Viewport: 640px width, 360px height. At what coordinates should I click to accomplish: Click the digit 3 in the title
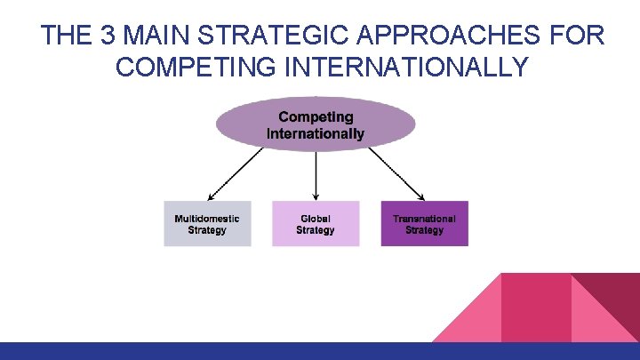click(x=108, y=36)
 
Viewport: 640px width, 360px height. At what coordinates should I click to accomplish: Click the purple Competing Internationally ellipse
click(x=316, y=124)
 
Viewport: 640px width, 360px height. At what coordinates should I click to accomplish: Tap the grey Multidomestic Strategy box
click(x=207, y=224)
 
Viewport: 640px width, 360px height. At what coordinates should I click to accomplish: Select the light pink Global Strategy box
click(x=316, y=224)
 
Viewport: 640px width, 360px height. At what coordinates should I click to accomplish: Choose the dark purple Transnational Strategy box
click(x=424, y=224)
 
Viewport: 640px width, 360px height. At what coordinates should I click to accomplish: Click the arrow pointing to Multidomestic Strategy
click(x=236, y=174)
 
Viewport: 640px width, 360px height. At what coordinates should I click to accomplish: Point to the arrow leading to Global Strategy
click(x=316, y=175)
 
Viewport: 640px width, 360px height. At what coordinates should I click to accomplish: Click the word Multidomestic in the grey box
click(x=207, y=219)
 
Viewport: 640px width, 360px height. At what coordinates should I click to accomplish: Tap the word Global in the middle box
click(x=316, y=219)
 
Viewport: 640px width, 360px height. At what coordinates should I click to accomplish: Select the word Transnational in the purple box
click(x=424, y=219)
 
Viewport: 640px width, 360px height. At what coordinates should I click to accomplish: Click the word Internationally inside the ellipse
click(x=316, y=134)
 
